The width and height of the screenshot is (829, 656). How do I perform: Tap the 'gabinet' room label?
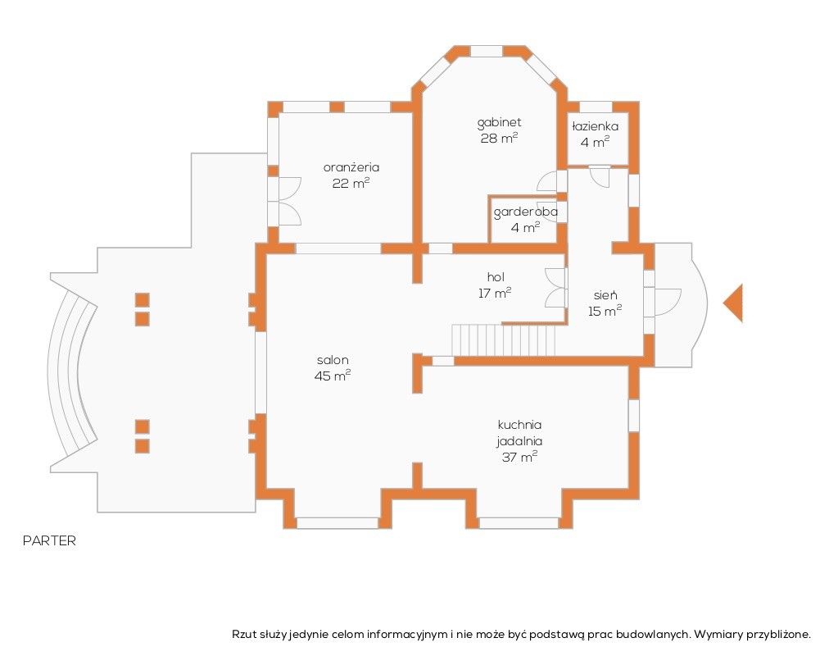499,123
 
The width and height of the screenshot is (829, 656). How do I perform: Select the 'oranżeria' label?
351,168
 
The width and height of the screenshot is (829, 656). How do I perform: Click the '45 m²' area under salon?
333,376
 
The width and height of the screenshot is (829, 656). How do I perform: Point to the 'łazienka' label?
595,126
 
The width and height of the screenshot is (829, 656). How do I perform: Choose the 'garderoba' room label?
526,212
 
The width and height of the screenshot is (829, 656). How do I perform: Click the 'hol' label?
496,276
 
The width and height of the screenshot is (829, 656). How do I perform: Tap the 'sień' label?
605,295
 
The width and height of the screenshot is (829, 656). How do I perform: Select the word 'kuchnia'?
519,424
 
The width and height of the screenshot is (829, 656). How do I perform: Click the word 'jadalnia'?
519,440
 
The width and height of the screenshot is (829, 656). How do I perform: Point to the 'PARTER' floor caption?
49,540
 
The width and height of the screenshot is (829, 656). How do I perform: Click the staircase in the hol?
503,340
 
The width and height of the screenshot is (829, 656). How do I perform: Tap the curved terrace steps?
72,373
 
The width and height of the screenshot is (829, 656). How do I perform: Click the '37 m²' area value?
519,457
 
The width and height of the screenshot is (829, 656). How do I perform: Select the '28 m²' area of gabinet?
499,139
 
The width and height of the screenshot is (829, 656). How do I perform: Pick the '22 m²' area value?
351,184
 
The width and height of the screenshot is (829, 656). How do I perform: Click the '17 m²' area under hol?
495,293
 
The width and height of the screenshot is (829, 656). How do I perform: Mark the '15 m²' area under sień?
605,311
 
